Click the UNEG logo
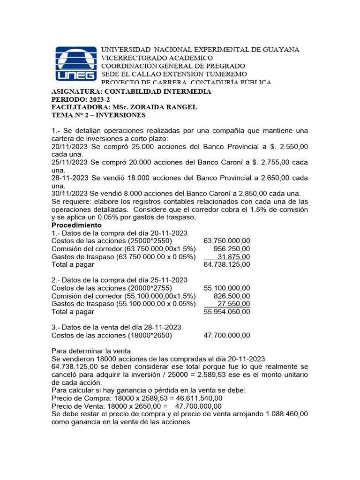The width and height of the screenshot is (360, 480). [76, 63]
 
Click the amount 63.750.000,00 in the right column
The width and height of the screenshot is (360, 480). [227, 241]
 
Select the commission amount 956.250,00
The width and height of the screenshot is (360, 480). [232, 249]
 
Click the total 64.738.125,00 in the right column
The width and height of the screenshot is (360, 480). [227, 265]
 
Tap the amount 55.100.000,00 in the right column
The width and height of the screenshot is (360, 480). [227, 288]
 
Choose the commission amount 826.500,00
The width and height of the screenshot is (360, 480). [232, 296]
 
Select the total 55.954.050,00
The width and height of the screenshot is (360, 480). [227, 312]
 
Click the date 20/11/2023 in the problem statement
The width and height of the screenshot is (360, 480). [69, 147]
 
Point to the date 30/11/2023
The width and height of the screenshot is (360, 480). [69, 194]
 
